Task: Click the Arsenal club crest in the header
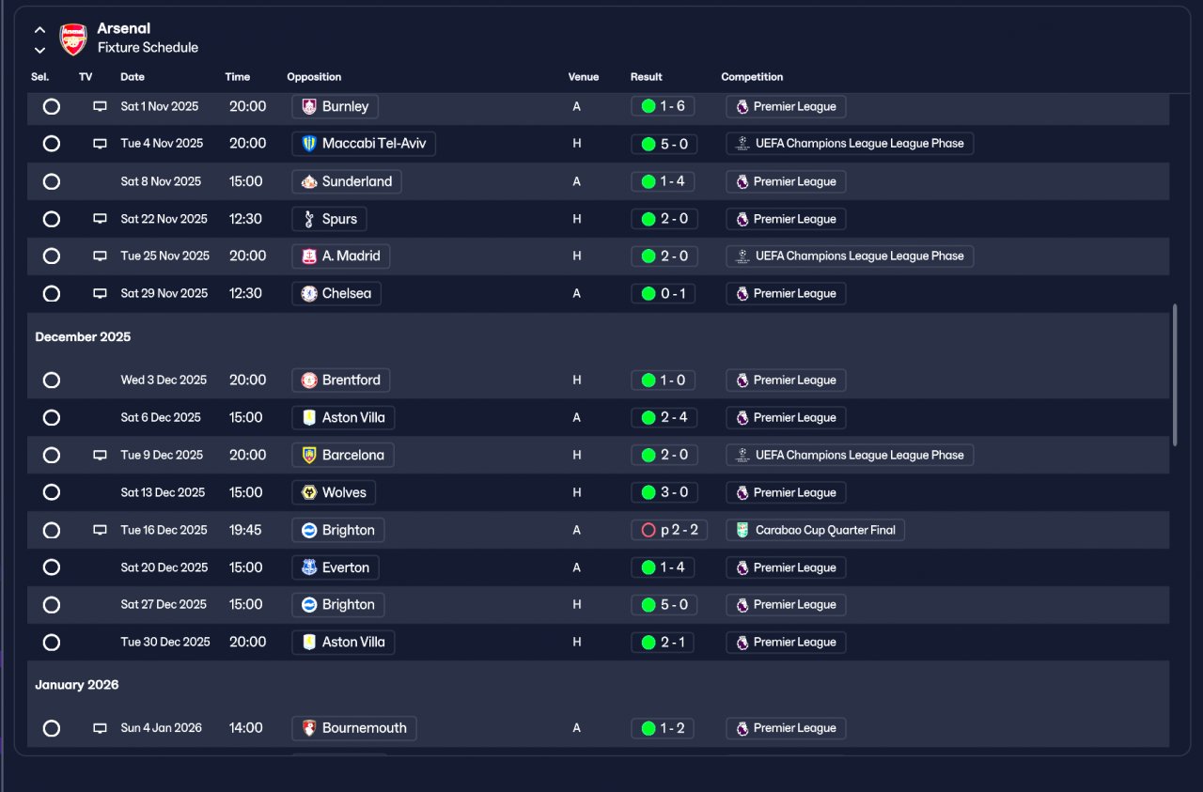coord(73,39)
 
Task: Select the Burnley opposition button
coord(336,106)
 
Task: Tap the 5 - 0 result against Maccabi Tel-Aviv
coord(663,144)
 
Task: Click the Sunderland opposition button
coord(347,181)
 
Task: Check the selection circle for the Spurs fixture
coord(52,219)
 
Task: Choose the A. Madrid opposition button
coord(340,256)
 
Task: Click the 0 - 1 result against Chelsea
coord(663,293)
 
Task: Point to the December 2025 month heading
coord(83,336)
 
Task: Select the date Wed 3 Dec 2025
coord(164,380)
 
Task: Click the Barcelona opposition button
coord(343,455)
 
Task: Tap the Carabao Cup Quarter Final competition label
coord(815,530)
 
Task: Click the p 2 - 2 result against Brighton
coord(669,530)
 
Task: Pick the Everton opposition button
coord(336,567)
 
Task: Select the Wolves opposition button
coord(334,492)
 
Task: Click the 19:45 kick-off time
coord(245,530)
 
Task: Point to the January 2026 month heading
coord(77,685)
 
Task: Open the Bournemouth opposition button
coord(354,728)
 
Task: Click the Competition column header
coord(752,77)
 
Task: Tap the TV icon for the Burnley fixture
coord(100,107)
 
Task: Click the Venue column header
coord(583,77)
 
